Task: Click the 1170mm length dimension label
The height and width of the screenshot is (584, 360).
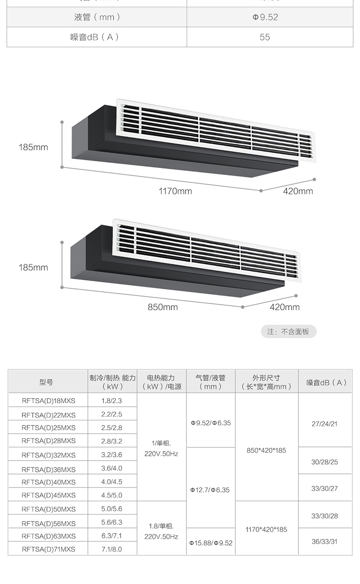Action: point(175,191)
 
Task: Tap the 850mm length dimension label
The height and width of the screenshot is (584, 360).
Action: point(163,307)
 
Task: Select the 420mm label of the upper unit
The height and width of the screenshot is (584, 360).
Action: point(298,191)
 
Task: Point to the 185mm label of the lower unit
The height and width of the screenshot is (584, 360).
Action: point(33,267)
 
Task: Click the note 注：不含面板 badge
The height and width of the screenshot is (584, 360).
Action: point(288,332)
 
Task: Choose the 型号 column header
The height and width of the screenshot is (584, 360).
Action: point(46,382)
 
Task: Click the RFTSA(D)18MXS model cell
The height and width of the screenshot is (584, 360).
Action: point(48,401)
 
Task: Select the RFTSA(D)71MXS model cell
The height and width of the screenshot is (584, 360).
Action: point(48,549)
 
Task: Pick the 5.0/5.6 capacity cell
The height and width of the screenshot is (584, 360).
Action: point(112,509)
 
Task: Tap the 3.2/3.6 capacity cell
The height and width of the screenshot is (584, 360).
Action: point(112,455)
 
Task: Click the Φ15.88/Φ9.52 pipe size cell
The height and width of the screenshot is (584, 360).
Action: point(211,543)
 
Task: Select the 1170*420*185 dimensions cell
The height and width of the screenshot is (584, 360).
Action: point(266,529)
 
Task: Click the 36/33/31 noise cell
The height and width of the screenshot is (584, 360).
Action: point(324,542)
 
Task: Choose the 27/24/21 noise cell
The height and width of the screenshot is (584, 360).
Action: point(324,424)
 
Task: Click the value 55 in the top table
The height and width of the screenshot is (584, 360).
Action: point(265,37)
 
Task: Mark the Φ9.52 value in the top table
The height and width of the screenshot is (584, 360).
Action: point(265,17)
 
